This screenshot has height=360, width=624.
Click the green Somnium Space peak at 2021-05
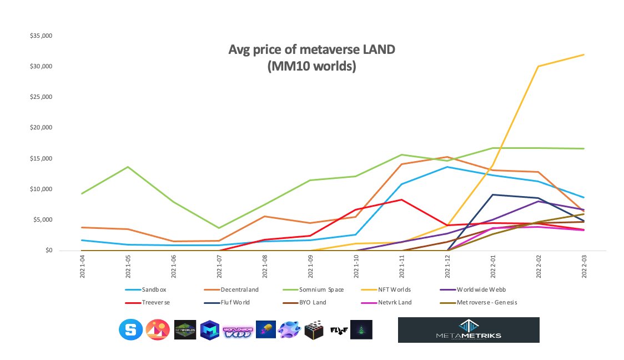[x=129, y=167]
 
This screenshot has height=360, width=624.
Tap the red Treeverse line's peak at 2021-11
[x=401, y=199]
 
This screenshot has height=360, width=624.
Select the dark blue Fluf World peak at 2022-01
[x=492, y=194]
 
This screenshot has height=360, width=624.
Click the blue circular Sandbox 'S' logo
[x=130, y=329]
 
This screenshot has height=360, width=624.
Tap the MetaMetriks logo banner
[x=469, y=330]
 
